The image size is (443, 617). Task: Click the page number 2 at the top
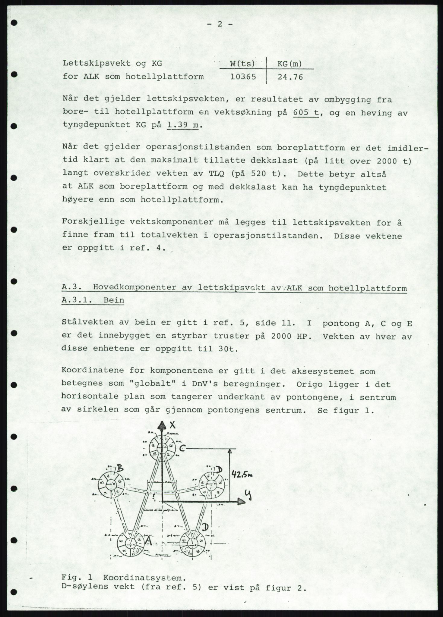coord(220,24)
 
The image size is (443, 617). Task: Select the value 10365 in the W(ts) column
coord(243,77)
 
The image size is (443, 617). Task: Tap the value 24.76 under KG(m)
coord(290,77)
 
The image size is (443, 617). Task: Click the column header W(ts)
coord(242,64)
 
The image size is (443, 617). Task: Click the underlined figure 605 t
coord(305,113)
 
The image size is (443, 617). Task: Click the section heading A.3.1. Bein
coord(93,301)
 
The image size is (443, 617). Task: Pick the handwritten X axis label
coord(172,425)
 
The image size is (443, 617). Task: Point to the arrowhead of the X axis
coord(162,425)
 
